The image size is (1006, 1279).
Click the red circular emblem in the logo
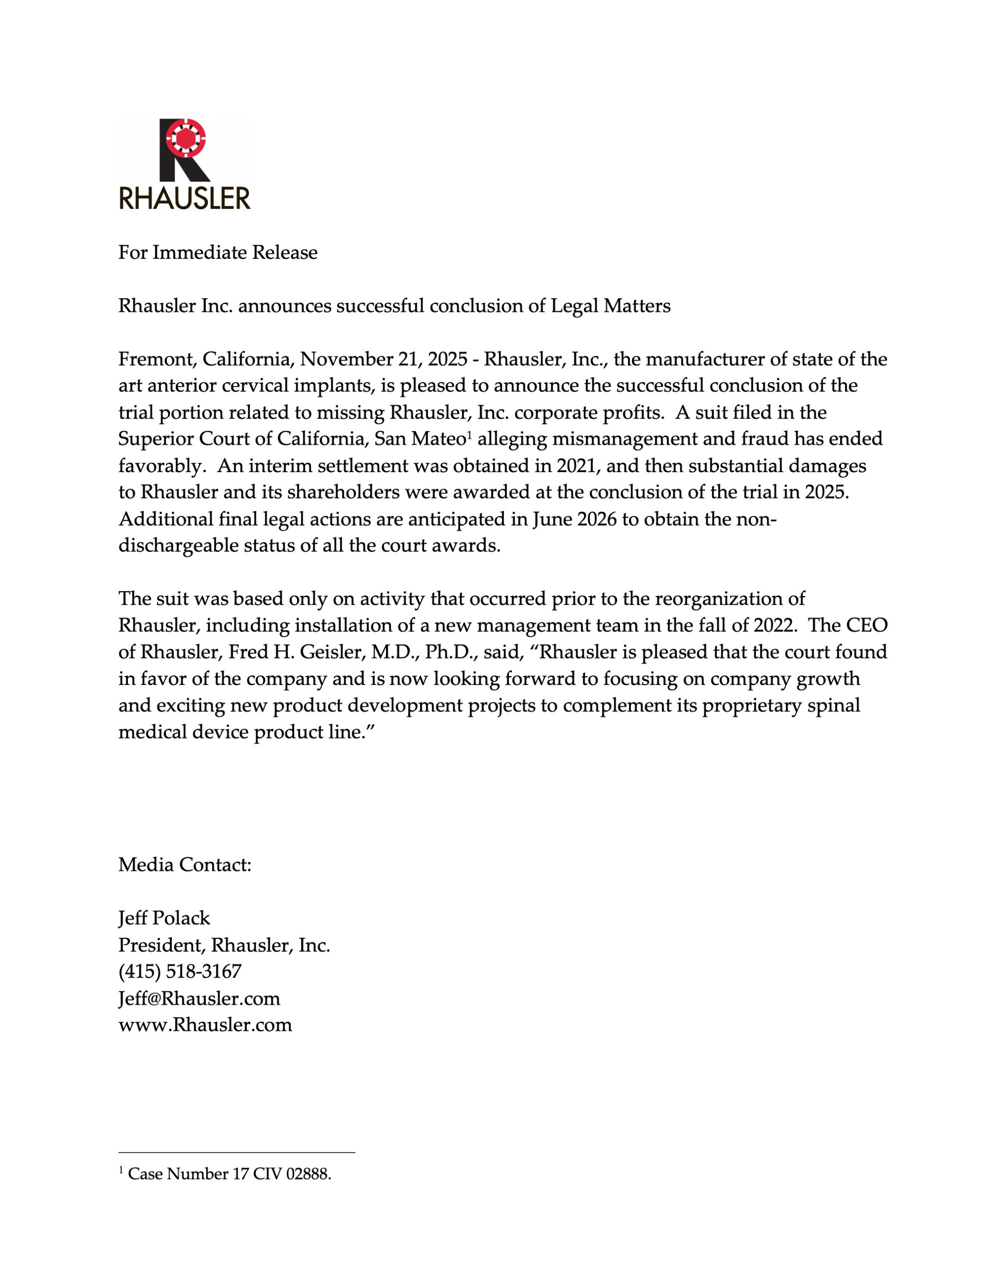(x=185, y=138)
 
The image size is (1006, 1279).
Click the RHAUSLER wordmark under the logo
(x=184, y=198)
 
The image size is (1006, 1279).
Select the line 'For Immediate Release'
(x=218, y=252)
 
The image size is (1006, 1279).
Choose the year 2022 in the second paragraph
(x=775, y=625)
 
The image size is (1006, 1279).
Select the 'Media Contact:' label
(x=185, y=865)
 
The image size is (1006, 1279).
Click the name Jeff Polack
(x=164, y=918)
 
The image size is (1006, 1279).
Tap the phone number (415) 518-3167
(x=180, y=971)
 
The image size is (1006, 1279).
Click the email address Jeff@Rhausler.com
(x=200, y=998)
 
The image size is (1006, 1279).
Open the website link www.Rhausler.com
(x=206, y=1025)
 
